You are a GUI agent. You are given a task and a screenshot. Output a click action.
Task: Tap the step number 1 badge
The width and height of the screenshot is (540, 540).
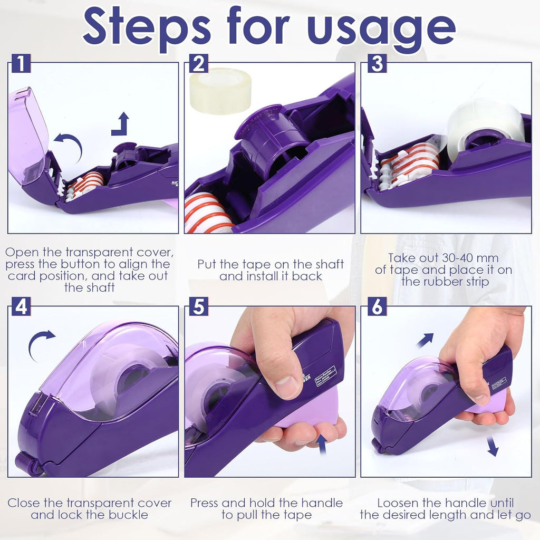(x=21, y=64)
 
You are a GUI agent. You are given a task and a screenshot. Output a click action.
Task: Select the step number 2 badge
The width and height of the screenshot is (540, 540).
(x=198, y=64)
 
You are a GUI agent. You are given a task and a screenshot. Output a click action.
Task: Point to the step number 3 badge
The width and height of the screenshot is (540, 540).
(x=377, y=64)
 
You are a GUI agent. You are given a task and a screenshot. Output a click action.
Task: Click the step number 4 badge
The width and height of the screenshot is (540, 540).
(x=21, y=306)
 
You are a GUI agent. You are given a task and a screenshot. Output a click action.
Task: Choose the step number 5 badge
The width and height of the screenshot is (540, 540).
(x=198, y=306)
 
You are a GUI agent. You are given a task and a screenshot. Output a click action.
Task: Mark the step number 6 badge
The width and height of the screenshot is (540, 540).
(x=377, y=306)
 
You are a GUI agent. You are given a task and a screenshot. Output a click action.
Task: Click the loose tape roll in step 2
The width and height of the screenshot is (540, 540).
(x=220, y=91)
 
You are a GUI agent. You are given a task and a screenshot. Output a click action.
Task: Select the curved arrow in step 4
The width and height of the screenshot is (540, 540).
(x=41, y=343)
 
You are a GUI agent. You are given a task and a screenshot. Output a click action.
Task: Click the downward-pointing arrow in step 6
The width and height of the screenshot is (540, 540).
(x=492, y=447)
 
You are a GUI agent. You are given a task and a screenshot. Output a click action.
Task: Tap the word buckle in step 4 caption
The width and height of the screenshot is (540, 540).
(x=130, y=515)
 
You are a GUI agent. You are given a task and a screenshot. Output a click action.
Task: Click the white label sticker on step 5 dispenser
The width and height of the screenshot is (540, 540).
(x=325, y=377)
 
